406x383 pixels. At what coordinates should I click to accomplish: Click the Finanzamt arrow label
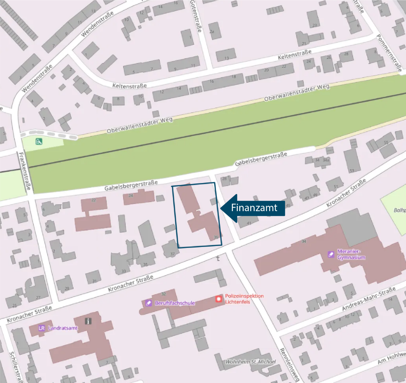(254, 208)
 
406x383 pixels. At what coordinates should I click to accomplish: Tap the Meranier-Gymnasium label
(351, 254)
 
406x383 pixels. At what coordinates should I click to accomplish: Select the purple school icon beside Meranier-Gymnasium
(331, 254)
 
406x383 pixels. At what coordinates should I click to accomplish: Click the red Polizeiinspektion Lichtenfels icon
(219, 299)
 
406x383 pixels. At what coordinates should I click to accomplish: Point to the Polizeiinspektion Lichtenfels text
(244, 299)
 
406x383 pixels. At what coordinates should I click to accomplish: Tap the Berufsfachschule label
(175, 303)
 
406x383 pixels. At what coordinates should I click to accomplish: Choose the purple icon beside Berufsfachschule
(148, 303)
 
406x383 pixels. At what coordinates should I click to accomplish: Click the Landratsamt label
(63, 328)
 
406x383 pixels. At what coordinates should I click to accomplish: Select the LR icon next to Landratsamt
(42, 328)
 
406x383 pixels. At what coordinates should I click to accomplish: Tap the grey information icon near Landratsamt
(88, 321)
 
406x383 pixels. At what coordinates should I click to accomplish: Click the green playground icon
(39, 141)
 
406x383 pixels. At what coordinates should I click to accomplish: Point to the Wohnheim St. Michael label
(251, 361)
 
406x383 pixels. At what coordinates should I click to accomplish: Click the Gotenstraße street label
(196, 16)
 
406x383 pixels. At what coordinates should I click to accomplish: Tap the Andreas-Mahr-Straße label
(369, 299)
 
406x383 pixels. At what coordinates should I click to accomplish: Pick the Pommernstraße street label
(389, 53)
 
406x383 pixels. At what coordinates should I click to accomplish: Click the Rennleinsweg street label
(289, 365)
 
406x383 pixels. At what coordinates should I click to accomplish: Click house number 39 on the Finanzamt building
(216, 237)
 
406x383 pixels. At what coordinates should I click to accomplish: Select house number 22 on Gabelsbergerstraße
(93, 200)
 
